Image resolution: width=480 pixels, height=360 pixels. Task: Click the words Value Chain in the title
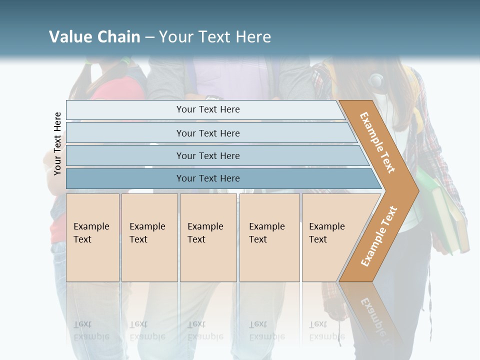pyautogui.click(x=94, y=37)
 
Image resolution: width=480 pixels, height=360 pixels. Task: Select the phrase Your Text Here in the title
pyautogui.click(x=215, y=37)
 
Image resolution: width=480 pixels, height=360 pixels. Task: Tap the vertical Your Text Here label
pyautogui.click(x=57, y=143)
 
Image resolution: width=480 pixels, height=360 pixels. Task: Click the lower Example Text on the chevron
pyautogui.click(x=379, y=236)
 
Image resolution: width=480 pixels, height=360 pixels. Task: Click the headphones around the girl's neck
pyautogui.click(x=376, y=79)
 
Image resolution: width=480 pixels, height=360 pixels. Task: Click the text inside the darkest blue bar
pyautogui.click(x=208, y=178)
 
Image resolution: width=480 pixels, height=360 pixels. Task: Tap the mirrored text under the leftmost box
pyautogui.click(x=91, y=330)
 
